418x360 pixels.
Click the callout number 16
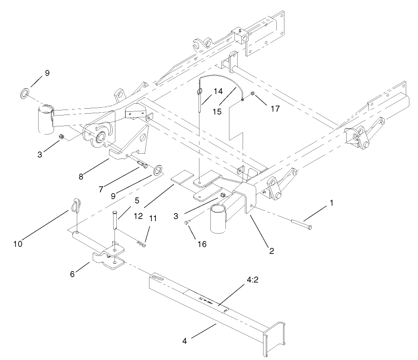[x=202, y=244]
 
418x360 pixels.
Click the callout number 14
[x=218, y=91]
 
